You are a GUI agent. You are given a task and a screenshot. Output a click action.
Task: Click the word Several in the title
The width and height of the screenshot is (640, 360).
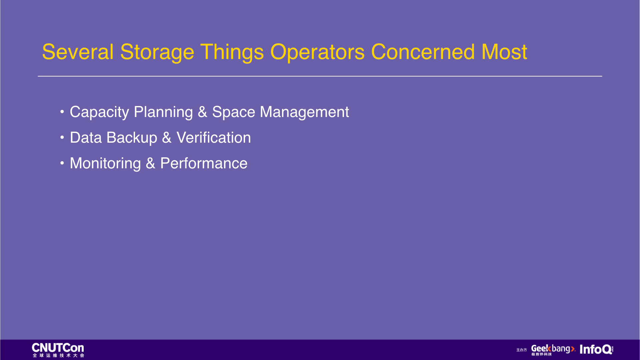(78, 52)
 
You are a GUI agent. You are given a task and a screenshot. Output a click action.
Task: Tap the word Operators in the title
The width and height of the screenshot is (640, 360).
(317, 53)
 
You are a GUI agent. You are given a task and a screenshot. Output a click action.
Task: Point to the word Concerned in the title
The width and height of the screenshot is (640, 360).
(423, 52)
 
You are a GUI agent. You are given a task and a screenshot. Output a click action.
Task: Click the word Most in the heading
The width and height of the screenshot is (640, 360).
(504, 52)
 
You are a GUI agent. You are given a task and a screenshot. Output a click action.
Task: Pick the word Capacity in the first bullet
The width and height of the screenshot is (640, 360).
(99, 112)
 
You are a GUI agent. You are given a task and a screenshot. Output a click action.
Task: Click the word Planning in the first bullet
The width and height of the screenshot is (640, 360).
(163, 112)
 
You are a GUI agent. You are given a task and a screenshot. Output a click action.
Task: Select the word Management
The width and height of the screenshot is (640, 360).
(304, 112)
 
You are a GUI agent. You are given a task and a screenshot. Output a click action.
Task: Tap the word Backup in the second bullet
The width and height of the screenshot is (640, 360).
(132, 138)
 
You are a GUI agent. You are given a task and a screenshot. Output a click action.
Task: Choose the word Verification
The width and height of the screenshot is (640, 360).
(214, 138)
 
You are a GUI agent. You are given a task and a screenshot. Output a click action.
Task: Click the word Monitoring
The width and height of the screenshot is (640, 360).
(105, 164)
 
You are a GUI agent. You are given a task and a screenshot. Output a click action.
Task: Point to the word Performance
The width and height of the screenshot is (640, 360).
(204, 163)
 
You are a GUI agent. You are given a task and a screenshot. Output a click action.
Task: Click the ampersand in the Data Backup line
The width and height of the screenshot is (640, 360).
(167, 138)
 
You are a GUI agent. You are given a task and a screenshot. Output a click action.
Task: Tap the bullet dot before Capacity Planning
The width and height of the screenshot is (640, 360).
(62, 112)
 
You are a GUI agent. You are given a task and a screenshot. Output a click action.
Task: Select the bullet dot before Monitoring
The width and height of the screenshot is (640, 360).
(62, 163)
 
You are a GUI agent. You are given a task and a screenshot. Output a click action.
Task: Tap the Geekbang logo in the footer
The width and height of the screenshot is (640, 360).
(553, 350)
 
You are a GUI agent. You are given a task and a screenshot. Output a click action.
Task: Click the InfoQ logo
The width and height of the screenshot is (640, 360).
(596, 349)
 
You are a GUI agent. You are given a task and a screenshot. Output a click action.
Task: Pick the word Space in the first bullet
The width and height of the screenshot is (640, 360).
(234, 112)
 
